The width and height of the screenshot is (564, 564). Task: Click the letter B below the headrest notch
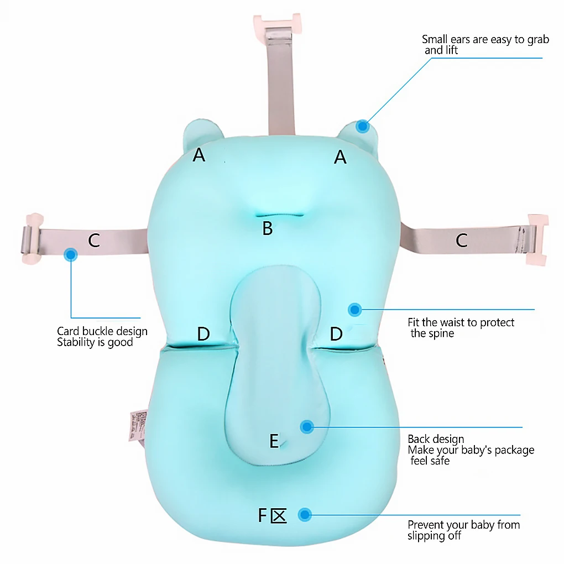point(268,228)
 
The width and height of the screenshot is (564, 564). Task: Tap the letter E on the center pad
point(274,441)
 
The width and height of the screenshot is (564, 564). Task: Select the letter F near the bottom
point(263,515)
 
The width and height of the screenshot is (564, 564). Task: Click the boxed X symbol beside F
point(279,516)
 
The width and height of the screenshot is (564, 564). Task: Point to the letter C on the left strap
point(94,241)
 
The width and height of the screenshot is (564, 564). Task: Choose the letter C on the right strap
point(461,240)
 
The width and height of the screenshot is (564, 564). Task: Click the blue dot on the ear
point(362,126)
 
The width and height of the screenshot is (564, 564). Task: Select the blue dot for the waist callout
point(354,310)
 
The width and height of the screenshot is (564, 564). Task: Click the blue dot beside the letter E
point(306,426)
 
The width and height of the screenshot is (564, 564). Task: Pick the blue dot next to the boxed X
point(304,515)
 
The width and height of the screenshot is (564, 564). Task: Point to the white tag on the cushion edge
point(137,426)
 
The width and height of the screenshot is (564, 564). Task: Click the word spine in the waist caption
point(441,333)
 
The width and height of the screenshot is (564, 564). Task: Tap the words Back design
point(436,439)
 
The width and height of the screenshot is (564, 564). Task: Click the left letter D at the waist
point(203,334)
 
